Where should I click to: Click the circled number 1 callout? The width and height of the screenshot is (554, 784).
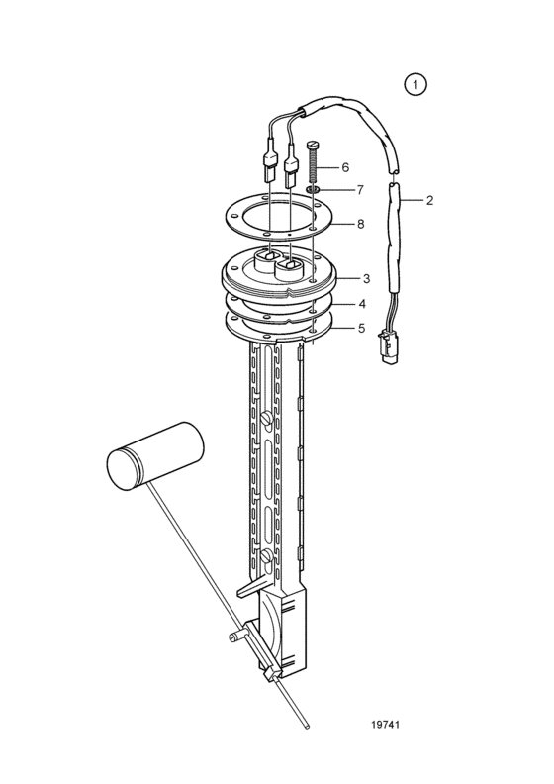pyautogui.click(x=415, y=85)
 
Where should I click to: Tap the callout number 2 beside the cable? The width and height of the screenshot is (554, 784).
pyautogui.click(x=429, y=201)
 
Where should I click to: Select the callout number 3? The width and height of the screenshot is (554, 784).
pyautogui.click(x=366, y=278)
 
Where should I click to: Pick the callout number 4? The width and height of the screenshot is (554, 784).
pyautogui.click(x=361, y=304)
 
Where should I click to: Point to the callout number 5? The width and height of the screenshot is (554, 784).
pyautogui.click(x=361, y=329)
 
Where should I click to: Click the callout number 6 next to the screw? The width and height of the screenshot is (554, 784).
pyautogui.click(x=345, y=167)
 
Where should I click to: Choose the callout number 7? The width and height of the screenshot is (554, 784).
pyautogui.click(x=360, y=190)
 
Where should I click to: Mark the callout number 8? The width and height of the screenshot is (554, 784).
pyautogui.click(x=360, y=224)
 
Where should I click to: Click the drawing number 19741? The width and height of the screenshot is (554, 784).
pyautogui.click(x=385, y=725)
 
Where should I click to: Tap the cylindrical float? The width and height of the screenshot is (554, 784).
pyautogui.click(x=155, y=456)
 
